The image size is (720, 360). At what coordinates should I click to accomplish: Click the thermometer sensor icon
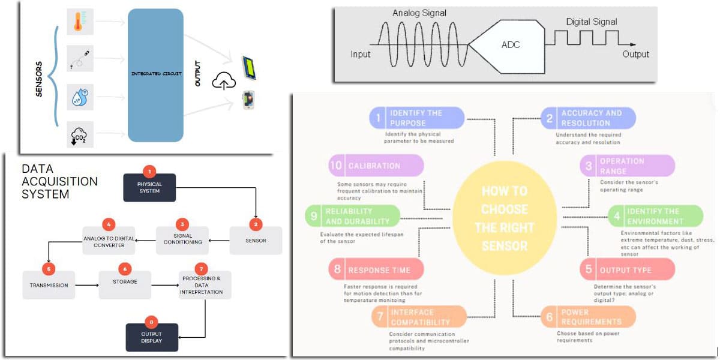tap(80, 21)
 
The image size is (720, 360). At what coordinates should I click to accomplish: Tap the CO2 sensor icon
tap(80, 134)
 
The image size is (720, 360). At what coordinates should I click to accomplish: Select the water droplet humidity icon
tap(80, 97)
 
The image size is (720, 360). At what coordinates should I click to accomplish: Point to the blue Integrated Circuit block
tap(155, 74)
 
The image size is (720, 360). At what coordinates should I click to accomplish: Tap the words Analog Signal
tap(420, 13)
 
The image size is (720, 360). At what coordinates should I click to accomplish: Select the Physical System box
tap(149, 187)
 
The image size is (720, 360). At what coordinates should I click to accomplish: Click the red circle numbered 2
tap(256, 224)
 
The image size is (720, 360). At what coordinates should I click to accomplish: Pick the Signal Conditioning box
tap(182, 240)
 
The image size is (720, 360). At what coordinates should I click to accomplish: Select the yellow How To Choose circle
tap(505, 218)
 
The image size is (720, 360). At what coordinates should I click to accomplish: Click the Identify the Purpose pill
tap(416, 118)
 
